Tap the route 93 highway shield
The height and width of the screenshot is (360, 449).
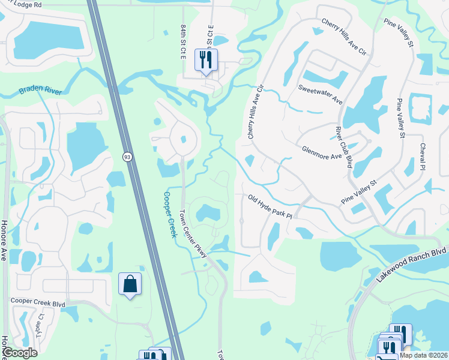coord(127,157)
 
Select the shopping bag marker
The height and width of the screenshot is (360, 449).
coord(130,284)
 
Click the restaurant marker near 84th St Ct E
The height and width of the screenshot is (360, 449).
coord(206,61)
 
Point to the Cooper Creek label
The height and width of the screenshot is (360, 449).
coord(170,214)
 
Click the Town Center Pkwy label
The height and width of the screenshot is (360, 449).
coord(193,234)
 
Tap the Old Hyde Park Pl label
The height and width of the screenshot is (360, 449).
coord(270,206)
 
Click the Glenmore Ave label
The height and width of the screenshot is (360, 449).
coord(322,152)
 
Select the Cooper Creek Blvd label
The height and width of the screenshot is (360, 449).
coord(37,304)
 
